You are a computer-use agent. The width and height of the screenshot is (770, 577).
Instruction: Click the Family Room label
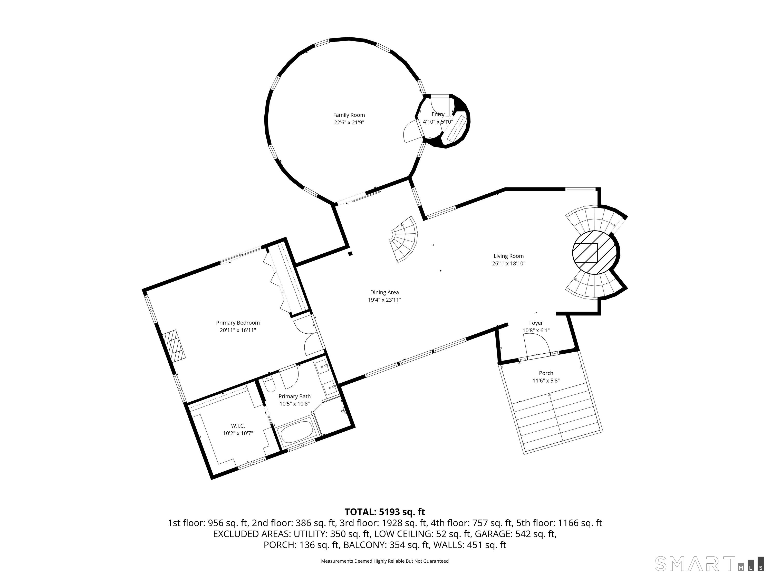coord(349,115)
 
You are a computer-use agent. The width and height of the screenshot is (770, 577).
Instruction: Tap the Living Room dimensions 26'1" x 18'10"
coord(508,264)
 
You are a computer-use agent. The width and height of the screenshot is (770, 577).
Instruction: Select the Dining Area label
coord(384,293)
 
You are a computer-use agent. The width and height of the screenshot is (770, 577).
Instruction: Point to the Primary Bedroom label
coord(238,323)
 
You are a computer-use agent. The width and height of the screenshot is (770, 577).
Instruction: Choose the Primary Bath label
coord(294,396)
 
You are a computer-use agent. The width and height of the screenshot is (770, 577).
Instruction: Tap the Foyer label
coord(536,323)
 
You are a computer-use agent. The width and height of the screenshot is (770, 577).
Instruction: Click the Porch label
coord(546,373)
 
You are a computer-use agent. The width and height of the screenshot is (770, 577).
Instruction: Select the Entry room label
coord(438,114)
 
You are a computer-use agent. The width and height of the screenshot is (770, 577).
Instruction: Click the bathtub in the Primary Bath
coord(297,433)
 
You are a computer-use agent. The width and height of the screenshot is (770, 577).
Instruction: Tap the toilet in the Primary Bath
coord(269,386)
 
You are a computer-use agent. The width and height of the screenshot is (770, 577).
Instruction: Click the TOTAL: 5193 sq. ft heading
coord(385,512)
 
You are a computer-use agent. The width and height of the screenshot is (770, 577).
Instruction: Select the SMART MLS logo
coord(709,563)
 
